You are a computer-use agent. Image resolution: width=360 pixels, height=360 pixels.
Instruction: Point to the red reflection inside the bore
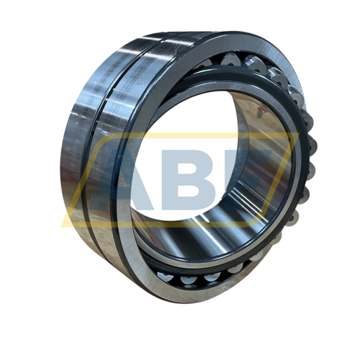pyautogui.click(x=261, y=111)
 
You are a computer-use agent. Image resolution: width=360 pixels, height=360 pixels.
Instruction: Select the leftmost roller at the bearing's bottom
pyautogui.click(x=165, y=276)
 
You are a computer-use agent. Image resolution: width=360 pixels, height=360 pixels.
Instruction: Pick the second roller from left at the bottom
pyautogui.click(x=189, y=280)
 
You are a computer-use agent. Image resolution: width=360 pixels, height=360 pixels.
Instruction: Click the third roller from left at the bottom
pyautogui.click(x=212, y=278)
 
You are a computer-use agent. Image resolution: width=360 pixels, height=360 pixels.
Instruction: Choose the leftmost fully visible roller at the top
pyautogui.click(x=230, y=60)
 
